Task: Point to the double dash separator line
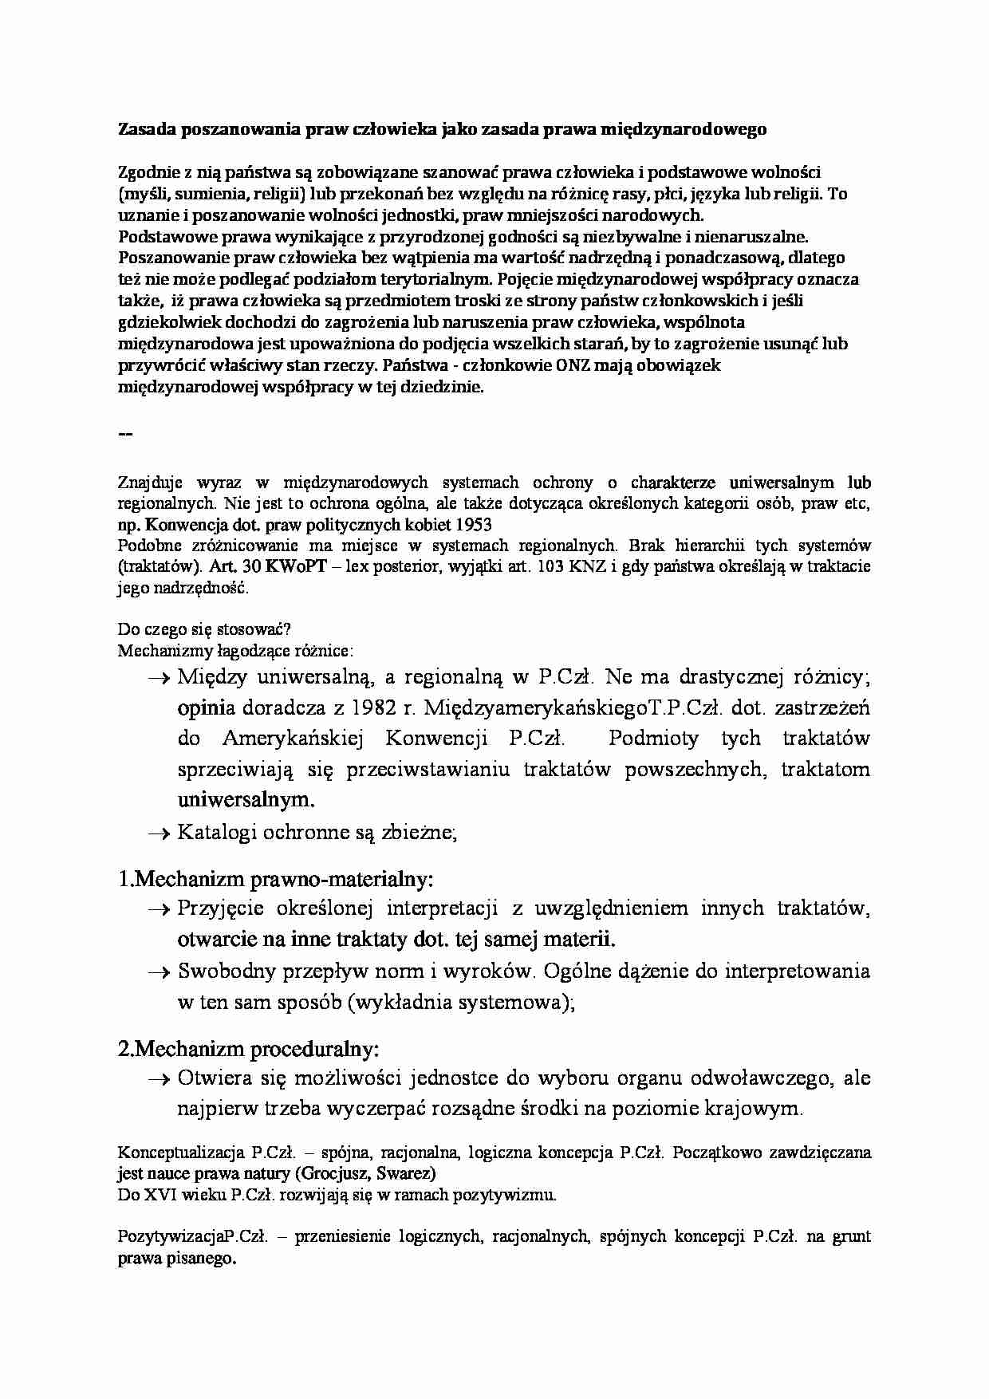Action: (x=125, y=434)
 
